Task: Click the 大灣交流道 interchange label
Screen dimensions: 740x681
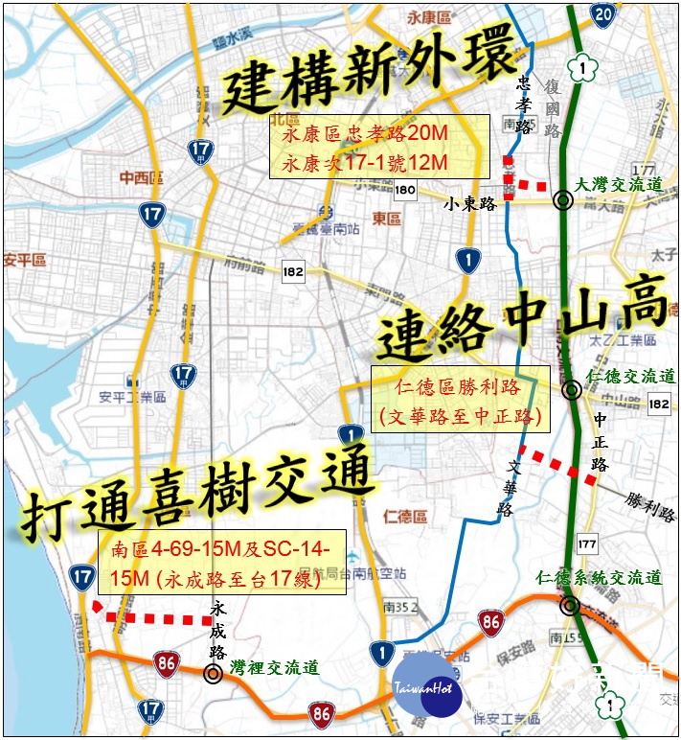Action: point(621,185)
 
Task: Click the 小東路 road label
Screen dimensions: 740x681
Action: point(468,203)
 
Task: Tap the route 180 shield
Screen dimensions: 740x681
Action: point(405,191)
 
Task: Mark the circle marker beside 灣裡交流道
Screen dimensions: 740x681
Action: point(213,673)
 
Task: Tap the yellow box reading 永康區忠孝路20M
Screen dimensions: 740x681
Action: point(379,147)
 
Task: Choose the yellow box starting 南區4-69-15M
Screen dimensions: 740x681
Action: point(221,564)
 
